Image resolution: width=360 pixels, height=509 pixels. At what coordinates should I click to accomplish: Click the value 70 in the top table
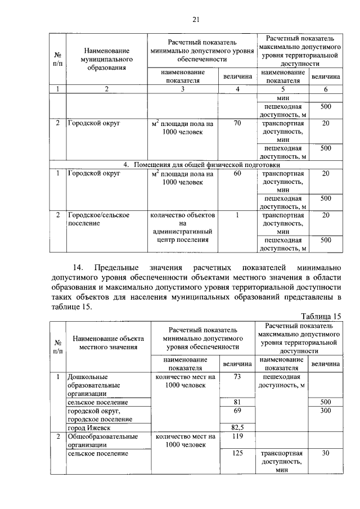point(237,122)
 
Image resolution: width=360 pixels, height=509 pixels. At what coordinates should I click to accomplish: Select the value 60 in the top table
point(237,174)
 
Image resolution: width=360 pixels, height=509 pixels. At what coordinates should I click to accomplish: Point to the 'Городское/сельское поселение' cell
point(99,219)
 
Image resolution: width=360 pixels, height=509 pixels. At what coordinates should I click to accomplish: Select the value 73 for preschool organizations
point(237,376)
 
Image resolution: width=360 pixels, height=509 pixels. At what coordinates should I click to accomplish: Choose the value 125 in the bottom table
point(237,453)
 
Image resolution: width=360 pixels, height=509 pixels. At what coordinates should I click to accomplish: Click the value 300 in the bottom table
point(325,411)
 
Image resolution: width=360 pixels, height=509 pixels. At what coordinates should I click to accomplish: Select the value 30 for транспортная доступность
point(325,453)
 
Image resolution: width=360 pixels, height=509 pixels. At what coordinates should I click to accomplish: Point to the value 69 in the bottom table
point(237,411)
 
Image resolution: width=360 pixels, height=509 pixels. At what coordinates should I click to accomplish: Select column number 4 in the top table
point(237,89)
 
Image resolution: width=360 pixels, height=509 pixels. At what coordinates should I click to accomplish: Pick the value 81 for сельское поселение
point(237,402)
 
